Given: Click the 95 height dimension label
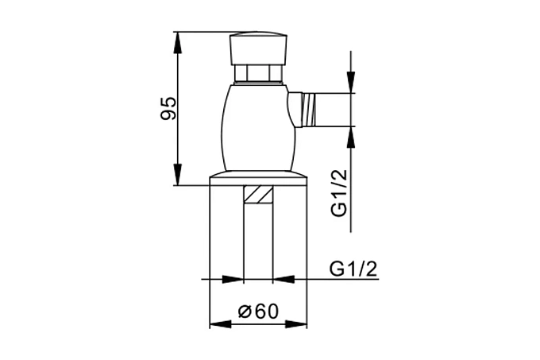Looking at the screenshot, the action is pos(168,108).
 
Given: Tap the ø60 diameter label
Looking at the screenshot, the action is pos(258,312).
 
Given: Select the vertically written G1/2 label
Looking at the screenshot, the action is pos(340,193).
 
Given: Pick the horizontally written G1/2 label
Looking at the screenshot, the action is pos(353,269).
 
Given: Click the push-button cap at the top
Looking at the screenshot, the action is pos(258,48).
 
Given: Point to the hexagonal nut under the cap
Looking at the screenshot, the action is pos(258,74).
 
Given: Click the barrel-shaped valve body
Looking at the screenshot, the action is pos(258,127).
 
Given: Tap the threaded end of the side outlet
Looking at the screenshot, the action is pos(309,110).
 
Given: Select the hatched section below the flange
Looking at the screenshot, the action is pos(258,195).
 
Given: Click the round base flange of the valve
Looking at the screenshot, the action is pos(258,179).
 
